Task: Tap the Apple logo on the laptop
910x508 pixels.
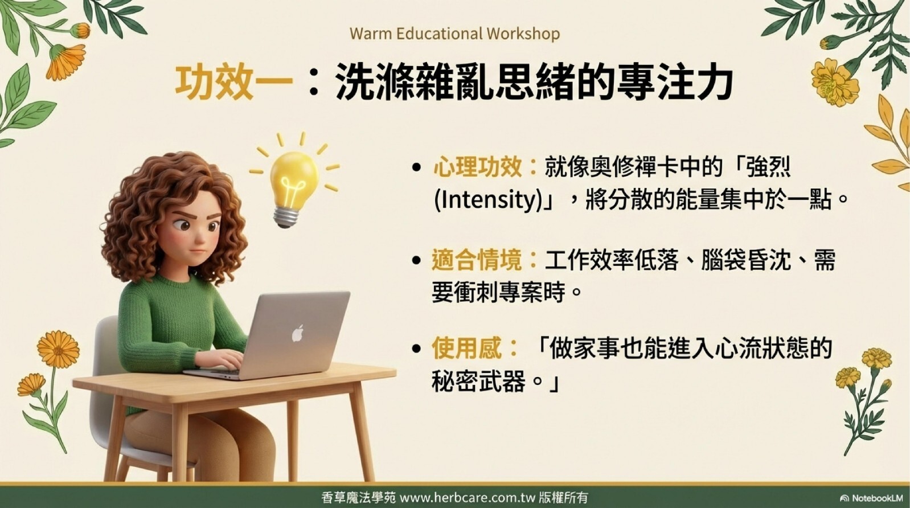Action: pyautogui.click(x=298, y=333)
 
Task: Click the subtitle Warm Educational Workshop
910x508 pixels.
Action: pyautogui.click(x=454, y=34)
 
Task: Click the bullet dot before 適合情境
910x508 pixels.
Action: pyautogui.click(x=416, y=260)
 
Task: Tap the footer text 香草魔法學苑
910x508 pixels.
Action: pyautogui.click(x=358, y=497)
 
